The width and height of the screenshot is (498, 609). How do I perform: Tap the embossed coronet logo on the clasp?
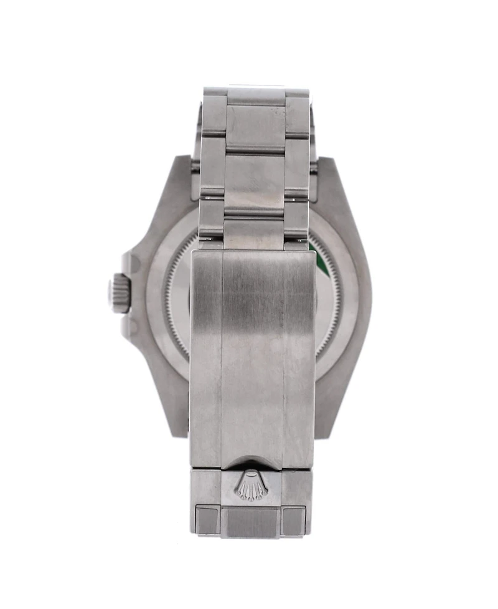click(x=251, y=485)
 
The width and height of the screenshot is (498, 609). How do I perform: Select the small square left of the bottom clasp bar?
click(x=207, y=519)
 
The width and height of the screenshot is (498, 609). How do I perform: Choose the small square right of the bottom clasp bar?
click(x=294, y=519)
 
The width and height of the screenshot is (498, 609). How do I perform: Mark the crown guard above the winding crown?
click(x=132, y=262)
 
